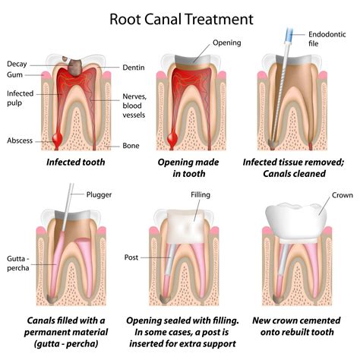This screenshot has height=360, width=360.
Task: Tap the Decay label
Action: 19,63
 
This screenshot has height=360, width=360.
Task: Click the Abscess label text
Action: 21,141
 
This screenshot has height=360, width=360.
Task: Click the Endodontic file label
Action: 330,39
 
